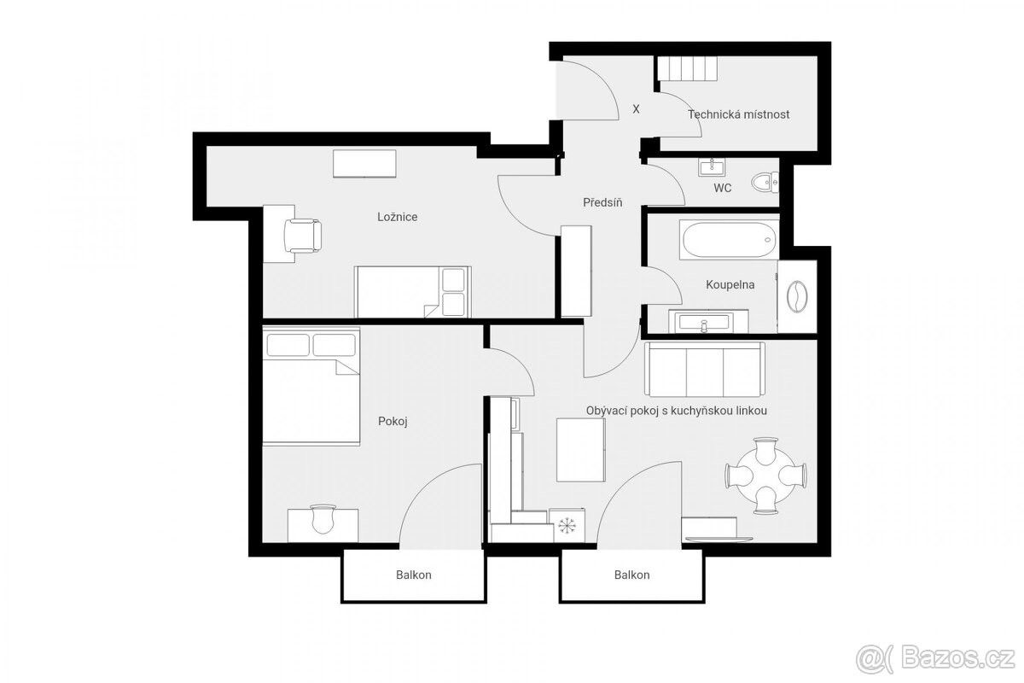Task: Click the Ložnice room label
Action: [398, 217]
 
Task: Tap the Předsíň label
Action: [602, 202]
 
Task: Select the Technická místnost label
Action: [739, 114]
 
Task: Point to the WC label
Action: [722, 188]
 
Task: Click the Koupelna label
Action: [730, 284]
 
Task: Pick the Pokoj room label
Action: [393, 421]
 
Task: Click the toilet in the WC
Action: [765, 183]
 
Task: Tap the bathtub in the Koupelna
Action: [729, 240]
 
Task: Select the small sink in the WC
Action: [712, 166]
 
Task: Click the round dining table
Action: [765, 476]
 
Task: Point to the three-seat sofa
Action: [705, 369]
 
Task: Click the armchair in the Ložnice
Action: [302, 236]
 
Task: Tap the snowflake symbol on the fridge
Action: [567, 525]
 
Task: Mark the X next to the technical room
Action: [636, 109]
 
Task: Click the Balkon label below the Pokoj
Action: [414, 575]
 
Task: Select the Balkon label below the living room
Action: [631, 575]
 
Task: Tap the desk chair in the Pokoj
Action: [323, 519]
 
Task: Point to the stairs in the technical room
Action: [687, 68]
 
